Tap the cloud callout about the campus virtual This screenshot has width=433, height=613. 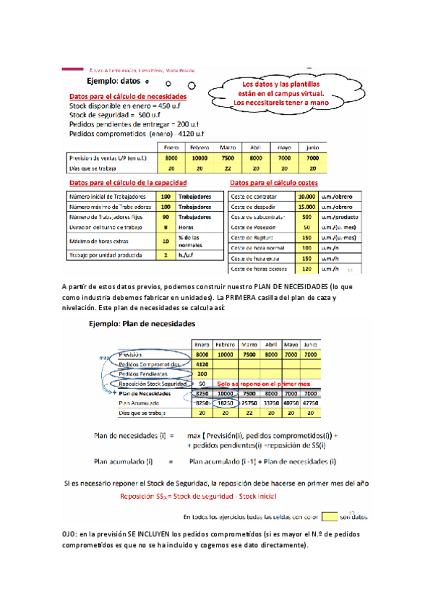click(278, 93)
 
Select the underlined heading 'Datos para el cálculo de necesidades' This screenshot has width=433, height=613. click(127, 96)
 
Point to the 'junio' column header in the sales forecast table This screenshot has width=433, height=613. click(312, 147)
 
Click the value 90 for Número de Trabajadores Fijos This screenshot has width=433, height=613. click(166, 216)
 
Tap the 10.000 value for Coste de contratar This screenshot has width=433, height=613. click(306, 196)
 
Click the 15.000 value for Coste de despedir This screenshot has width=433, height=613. click(306, 206)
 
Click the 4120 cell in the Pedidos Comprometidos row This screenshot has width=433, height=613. click(202, 364)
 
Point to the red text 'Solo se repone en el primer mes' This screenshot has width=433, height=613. click(268, 383)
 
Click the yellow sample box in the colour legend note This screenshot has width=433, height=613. click(329, 517)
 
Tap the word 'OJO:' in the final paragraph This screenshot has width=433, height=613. click(73, 533)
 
